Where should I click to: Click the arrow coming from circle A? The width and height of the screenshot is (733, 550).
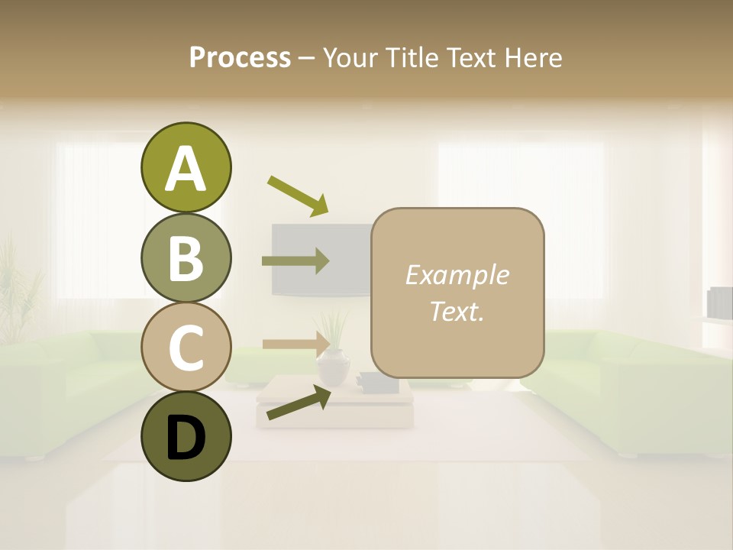[298, 195]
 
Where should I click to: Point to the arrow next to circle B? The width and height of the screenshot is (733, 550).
[295, 261]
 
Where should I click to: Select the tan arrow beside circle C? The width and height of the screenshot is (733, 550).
[295, 344]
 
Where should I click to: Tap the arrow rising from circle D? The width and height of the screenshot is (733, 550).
[299, 403]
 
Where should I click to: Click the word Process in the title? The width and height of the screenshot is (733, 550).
[240, 57]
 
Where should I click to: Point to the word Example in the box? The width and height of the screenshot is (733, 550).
[457, 275]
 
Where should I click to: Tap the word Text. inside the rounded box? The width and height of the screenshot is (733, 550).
[457, 311]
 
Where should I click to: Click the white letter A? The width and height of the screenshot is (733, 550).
[186, 169]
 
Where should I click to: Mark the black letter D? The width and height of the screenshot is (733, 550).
[186, 438]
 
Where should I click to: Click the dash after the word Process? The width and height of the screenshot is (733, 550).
[306, 57]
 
